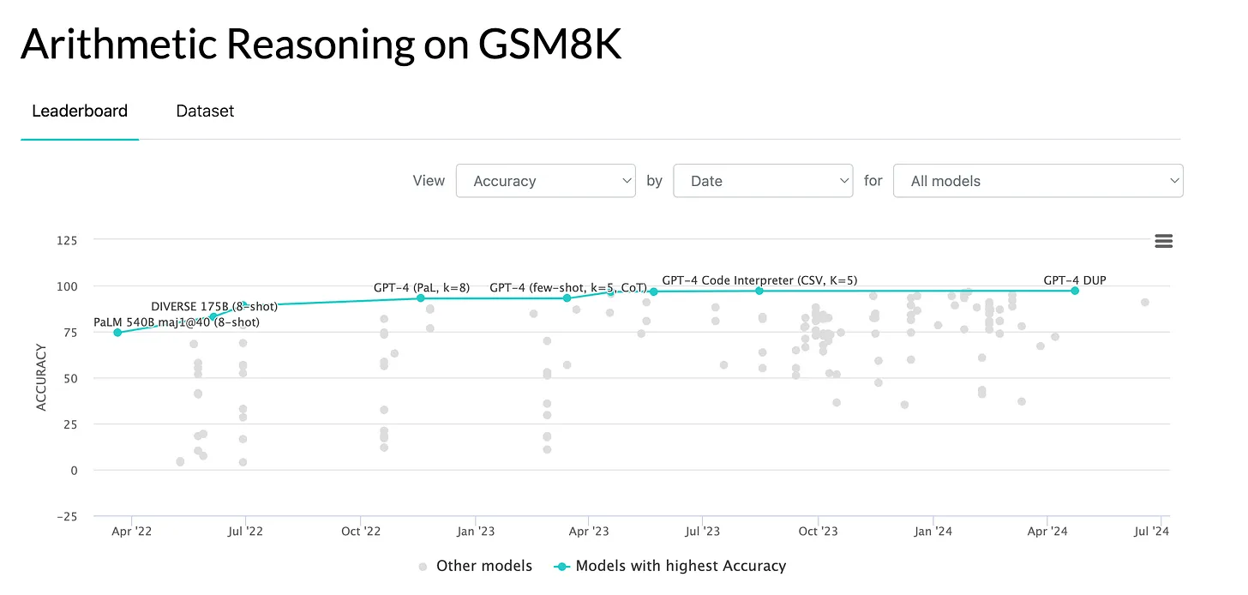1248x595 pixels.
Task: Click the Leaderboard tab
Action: pyautogui.click(x=80, y=111)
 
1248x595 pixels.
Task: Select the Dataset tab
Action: pyautogui.click(x=205, y=111)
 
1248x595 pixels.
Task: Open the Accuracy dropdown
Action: pyautogui.click(x=546, y=181)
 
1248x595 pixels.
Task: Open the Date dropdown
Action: pyautogui.click(x=763, y=181)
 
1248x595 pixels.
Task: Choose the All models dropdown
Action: pyautogui.click(x=1038, y=181)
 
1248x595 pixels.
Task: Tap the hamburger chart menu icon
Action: pyautogui.click(x=1163, y=241)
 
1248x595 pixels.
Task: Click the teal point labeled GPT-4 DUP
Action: pyautogui.click(x=1075, y=291)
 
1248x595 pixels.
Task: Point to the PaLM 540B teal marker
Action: pyautogui.click(x=117, y=333)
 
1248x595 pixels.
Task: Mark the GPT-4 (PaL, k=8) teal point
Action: pyautogui.click(x=421, y=297)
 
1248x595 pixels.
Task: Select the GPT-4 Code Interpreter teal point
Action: pyautogui.click(x=759, y=291)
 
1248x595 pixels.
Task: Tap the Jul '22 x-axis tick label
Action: pyautogui.click(x=245, y=532)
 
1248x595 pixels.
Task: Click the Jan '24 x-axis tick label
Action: pyautogui.click(x=933, y=532)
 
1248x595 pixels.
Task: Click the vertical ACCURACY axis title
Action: pyautogui.click(x=41, y=377)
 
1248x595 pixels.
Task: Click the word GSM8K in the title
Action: pyautogui.click(x=545, y=45)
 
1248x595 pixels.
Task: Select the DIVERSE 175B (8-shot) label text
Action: pyautogui.click(x=213, y=306)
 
